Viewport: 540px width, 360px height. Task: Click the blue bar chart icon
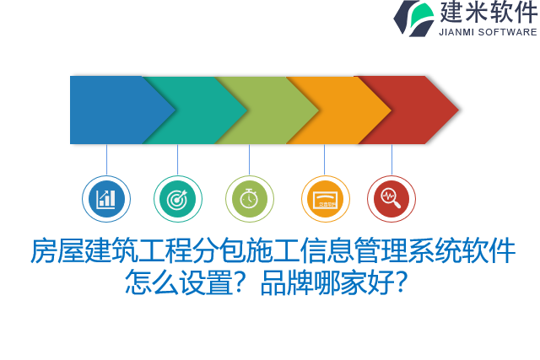point(106,199)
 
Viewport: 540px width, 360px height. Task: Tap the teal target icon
point(178,199)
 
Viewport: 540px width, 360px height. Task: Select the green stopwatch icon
point(250,199)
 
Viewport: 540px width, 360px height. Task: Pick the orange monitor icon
point(325,199)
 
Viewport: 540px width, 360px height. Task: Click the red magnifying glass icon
point(391,199)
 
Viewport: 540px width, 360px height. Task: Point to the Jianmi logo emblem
point(414,18)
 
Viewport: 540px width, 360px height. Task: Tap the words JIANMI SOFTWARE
point(488,32)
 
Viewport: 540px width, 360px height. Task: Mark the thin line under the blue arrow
point(106,160)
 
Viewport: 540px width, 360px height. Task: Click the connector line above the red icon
point(391,160)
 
